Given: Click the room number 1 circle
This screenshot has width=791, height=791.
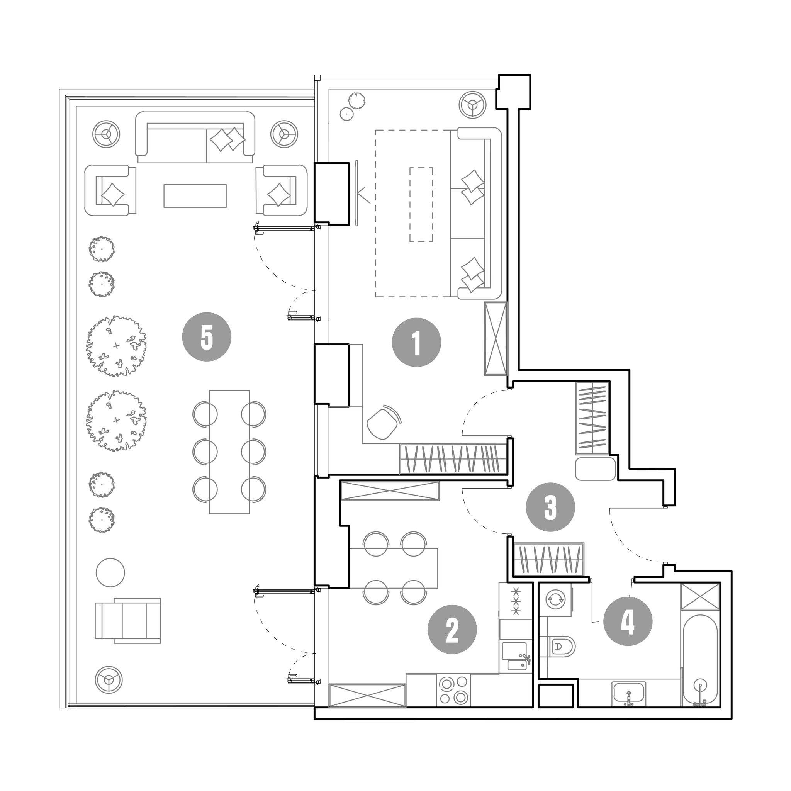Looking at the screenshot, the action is [416, 343].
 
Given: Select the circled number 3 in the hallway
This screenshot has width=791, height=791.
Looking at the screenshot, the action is [550, 507].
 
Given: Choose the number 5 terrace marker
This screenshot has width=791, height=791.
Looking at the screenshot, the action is [206, 337].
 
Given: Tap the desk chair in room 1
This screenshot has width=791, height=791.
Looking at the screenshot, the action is [384, 422].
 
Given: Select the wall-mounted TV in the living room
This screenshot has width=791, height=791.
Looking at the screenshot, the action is [357, 192].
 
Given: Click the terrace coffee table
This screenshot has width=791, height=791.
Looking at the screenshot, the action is [195, 196].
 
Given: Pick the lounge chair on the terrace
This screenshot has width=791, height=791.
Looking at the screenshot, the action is [128, 621].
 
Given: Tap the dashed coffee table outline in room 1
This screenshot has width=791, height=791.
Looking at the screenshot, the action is [421, 204].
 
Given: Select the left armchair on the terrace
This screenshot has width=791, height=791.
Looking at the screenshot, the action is [110, 190].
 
